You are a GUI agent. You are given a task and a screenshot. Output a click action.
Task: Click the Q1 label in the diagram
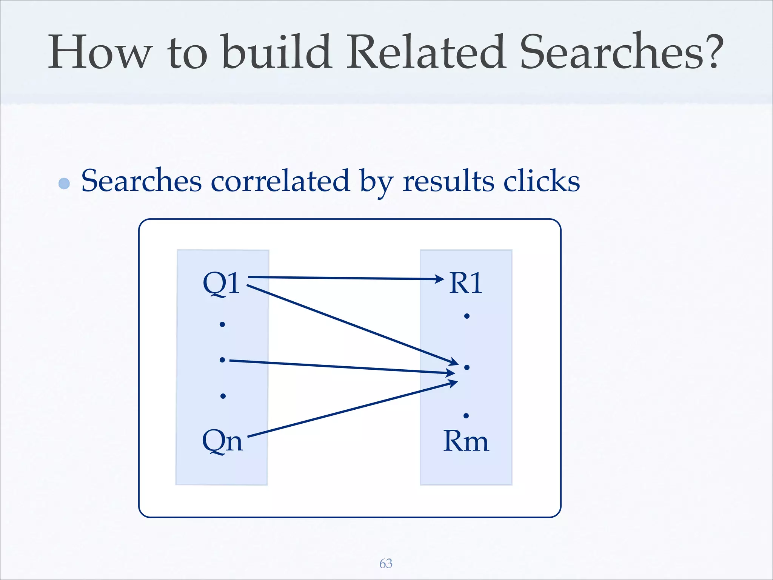[221, 283]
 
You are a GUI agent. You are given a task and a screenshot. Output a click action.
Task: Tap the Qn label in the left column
[222, 441]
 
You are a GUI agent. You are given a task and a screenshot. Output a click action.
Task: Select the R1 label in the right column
[466, 283]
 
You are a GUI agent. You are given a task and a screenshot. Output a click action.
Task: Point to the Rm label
[466, 441]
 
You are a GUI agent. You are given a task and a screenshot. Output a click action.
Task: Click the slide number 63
[386, 563]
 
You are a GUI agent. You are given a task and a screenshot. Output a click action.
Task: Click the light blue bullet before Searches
[64, 184]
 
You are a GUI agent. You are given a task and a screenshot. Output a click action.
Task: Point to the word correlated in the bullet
[280, 181]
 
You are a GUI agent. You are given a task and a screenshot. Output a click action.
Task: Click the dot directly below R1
[467, 316]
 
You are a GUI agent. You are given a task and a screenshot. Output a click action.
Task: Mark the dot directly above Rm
[466, 416]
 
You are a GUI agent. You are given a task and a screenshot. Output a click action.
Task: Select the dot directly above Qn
[223, 396]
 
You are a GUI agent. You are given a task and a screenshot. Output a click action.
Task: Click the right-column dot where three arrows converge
[467, 367]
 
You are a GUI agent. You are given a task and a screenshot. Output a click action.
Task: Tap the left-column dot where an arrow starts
[222, 360]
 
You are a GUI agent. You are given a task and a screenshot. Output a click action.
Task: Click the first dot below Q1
[222, 324]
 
